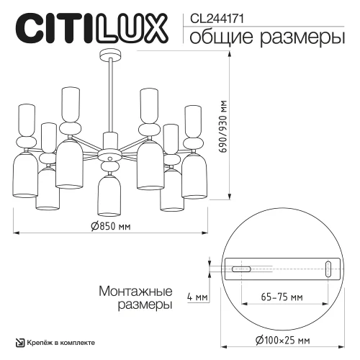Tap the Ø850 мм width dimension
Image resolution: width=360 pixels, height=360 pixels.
click(110, 226)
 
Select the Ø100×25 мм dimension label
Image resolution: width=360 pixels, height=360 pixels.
click(282, 340)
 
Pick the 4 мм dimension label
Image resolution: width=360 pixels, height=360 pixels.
click(197, 296)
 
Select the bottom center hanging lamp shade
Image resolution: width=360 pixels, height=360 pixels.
click(109, 196)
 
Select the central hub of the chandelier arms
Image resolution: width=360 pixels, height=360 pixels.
click(109, 153)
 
